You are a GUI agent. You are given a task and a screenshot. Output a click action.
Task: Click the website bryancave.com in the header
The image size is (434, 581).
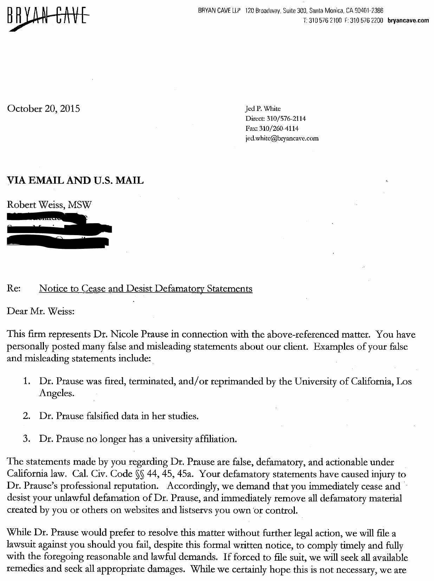(408, 20)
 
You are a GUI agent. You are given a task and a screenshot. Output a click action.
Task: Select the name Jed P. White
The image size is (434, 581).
(263, 109)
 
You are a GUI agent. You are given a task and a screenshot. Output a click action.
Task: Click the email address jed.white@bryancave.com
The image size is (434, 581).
(282, 138)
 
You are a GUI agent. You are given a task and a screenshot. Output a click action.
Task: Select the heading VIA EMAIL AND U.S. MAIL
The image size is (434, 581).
(75, 181)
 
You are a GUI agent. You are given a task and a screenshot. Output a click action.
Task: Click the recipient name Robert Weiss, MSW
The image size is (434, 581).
(49, 205)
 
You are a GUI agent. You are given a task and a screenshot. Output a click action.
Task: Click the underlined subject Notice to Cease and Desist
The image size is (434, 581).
(145, 289)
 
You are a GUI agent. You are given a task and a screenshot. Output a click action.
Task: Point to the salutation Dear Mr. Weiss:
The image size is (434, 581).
(41, 311)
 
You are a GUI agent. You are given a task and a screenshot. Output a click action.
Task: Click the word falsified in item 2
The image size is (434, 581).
(102, 416)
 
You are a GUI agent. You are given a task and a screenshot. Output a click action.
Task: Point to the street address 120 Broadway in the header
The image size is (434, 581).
(260, 11)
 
